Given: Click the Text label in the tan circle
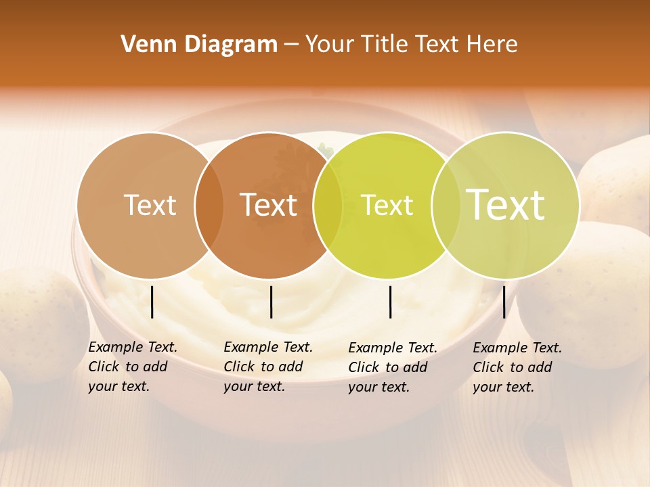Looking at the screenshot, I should [150, 206].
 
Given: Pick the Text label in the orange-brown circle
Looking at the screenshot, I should [269, 206].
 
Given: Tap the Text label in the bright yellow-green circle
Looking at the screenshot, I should [387, 206].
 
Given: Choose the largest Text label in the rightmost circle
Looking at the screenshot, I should [506, 204].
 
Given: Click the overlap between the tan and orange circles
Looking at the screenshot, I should [209, 206].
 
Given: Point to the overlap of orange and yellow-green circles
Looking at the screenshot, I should [328, 206].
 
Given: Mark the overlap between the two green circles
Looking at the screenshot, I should [446, 206].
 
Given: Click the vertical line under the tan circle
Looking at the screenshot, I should [152, 302].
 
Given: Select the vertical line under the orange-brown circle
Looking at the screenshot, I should [271, 302].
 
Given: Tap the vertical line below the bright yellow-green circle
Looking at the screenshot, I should [391, 302].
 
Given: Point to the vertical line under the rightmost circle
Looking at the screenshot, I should [504, 302].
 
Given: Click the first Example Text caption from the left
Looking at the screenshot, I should [133, 347].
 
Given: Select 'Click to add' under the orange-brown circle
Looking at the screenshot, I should [263, 367].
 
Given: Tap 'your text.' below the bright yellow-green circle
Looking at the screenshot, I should [378, 387].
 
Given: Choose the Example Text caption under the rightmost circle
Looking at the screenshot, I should [517, 348].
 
